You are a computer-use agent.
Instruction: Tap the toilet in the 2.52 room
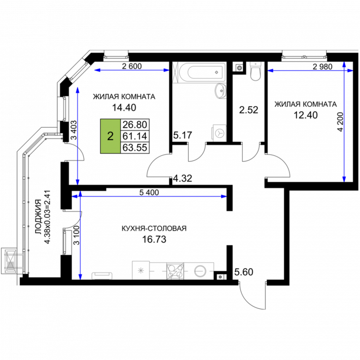[255, 71]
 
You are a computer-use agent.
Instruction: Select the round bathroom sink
[221, 91]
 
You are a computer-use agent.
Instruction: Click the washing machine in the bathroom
[219, 133]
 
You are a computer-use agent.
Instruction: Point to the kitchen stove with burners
[175, 271]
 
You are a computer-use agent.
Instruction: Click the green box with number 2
[110, 136]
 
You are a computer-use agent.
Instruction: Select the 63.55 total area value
[135, 147]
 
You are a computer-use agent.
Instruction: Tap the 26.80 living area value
[135, 125]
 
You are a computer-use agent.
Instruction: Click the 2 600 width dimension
[132, 66]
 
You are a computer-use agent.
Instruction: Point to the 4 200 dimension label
[341, 122]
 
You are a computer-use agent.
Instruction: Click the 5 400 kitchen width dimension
[149, 192]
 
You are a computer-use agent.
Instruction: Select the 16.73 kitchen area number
[154, 239]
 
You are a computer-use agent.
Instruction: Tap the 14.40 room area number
[124, 107]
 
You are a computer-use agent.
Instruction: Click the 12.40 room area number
[306, 115]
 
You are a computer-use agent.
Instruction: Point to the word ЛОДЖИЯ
[38, 216]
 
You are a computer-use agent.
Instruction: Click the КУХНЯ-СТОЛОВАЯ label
[154, 228]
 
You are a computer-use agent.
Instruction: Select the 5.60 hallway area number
[244, 272]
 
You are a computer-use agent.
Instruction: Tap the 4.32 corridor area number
[183, 178]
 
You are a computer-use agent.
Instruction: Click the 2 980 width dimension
[323, 67]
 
